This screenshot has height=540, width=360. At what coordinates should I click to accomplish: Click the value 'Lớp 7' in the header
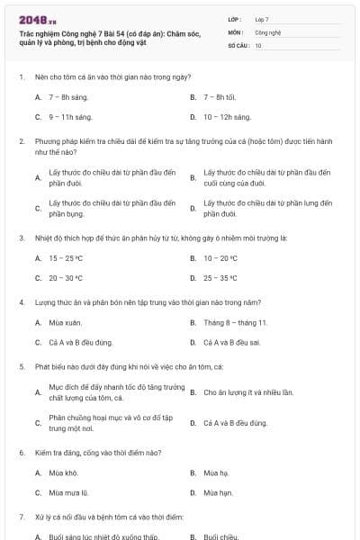pos(262,18)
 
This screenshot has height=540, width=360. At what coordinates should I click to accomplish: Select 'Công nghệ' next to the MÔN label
pos(267,31)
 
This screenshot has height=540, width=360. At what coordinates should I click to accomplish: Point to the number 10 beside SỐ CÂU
pos(258,45)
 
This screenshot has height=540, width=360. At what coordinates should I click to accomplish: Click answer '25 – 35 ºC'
pos(220,278)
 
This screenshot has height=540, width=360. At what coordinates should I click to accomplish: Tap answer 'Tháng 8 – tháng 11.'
pos(235,321)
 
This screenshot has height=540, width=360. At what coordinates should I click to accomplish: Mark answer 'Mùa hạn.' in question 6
pos(218,493)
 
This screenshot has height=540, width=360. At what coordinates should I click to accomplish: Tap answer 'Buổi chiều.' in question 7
pos(220,536)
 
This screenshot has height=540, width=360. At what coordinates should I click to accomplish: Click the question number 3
pos(21,238)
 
